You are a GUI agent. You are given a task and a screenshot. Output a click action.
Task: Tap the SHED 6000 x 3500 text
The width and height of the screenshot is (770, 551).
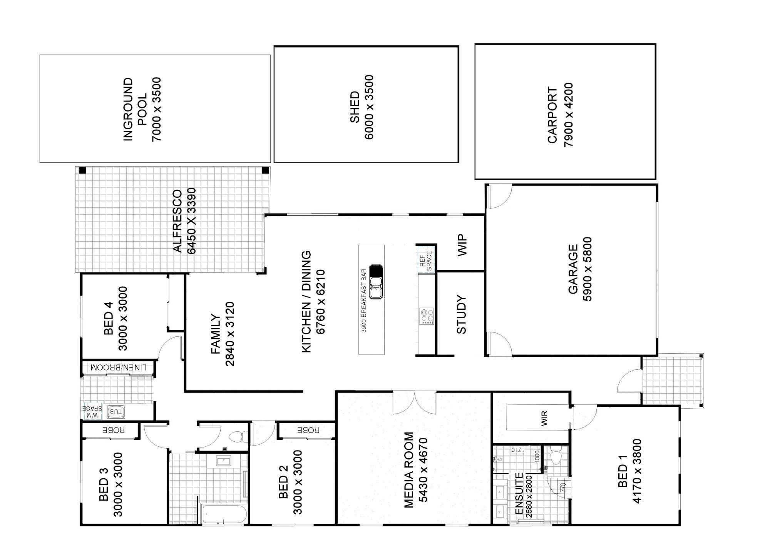pos(362,107)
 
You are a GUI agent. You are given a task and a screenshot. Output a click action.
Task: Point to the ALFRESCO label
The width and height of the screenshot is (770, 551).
pos(177,221)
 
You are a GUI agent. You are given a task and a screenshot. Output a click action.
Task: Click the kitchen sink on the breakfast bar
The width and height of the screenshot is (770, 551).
pos(376,282)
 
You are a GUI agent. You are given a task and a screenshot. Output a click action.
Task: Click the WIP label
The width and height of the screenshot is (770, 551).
pos(462,245)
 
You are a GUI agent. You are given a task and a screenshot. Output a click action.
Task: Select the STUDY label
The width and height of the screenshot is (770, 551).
pos(461,314)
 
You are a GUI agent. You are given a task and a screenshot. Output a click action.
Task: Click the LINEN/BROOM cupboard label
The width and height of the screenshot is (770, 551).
pos(119,367)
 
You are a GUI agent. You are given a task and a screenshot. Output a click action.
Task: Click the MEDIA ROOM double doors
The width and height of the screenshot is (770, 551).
pos(415,403)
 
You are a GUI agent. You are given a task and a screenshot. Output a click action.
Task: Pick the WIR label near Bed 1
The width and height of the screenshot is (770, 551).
pos(544,419)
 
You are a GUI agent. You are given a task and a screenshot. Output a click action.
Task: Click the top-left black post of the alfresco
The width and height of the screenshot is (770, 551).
pos(82,170)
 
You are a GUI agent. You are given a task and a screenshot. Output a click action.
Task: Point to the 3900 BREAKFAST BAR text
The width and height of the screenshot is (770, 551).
pos(363,300)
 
